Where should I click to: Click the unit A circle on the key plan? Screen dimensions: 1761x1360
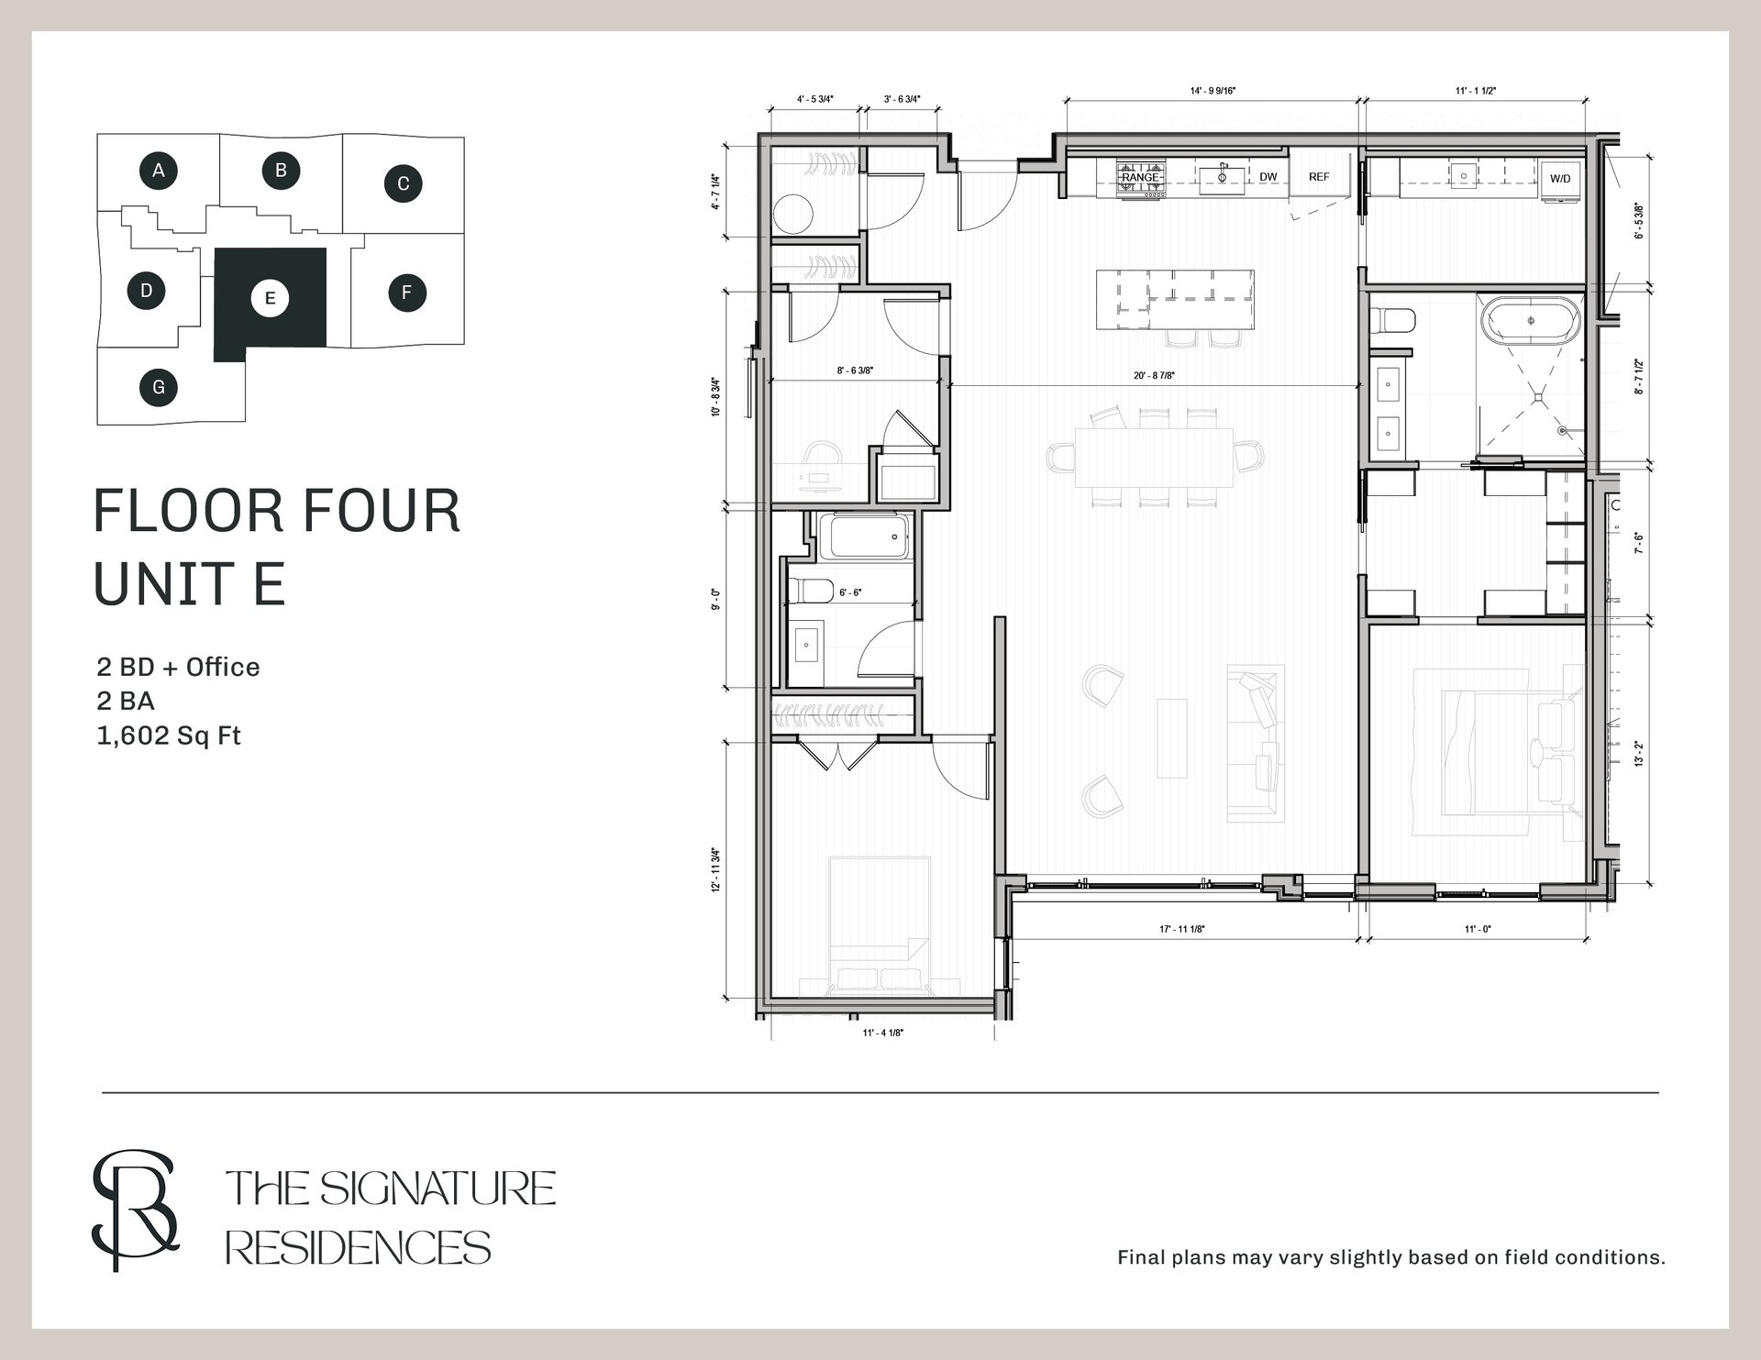(159, 170)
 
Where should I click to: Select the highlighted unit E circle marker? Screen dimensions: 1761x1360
(270, 298)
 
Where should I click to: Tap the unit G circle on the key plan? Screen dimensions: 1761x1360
(159, 387)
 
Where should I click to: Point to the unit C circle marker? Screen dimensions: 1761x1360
(403, 183)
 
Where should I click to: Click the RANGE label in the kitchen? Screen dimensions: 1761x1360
(1141, 178)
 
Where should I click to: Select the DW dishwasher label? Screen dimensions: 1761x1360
(1268, 177)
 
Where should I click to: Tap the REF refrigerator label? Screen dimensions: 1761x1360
(1319, 177)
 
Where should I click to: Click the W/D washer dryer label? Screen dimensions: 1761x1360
(1560, 179)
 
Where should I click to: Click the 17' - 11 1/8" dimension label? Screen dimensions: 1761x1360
(1182, 929)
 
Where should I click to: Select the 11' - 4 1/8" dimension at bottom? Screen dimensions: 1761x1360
(882, 1033)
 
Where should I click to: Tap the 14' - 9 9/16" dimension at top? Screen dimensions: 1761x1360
(1213, 91)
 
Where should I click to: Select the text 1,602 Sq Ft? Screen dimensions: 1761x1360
(169, 735)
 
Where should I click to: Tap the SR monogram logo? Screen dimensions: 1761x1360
(135, 1210)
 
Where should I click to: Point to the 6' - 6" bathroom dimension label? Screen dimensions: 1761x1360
(850, 593)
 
